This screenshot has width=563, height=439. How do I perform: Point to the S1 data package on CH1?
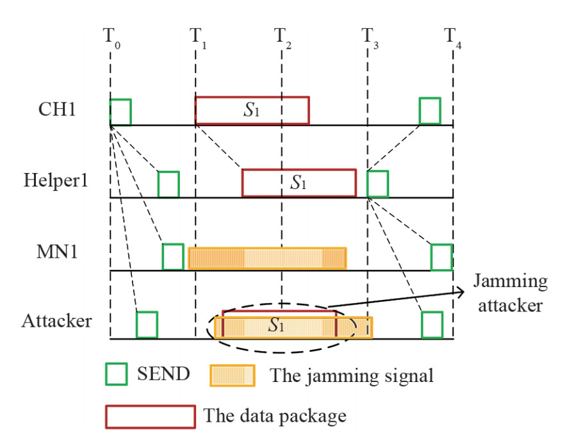(252, 110)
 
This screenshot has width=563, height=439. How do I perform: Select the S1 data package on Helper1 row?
(298, 183)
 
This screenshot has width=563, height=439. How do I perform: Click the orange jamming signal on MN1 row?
(267, 258)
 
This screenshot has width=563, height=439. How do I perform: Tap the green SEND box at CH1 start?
(120, 112)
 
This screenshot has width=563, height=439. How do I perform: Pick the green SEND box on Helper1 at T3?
(378, 184)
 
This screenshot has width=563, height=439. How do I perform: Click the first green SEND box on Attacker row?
(147, 324)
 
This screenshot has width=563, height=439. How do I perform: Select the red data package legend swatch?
(151, 415)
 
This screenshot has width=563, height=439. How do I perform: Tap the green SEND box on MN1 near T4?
(441, 257)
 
